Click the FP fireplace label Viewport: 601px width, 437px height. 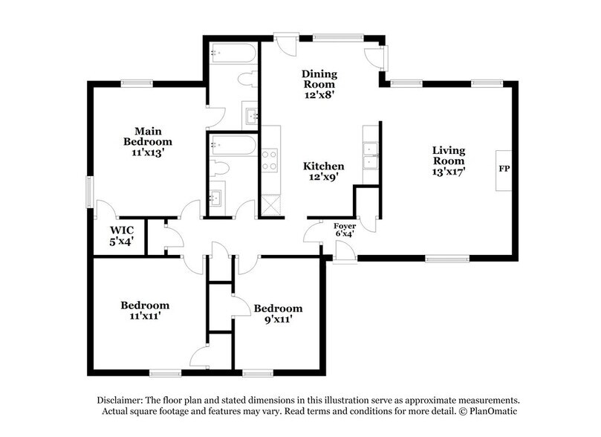click(x=504, y=169)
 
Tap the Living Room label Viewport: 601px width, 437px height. click(x=449, y=155)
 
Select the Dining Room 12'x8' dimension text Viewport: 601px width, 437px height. click(x=319, y=96)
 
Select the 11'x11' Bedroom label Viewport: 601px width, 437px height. click(x=145, y=311)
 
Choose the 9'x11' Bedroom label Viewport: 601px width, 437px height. click(x=278, y=314)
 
